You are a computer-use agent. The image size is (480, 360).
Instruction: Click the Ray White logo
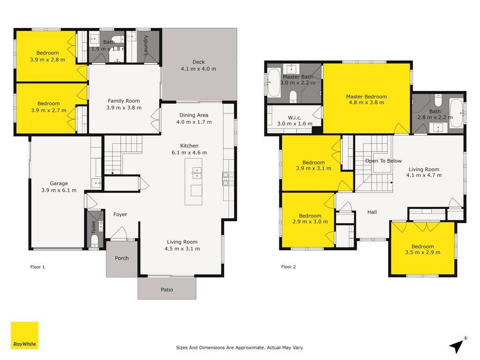tap(24, 335)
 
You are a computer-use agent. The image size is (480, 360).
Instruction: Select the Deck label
tap(199, 62)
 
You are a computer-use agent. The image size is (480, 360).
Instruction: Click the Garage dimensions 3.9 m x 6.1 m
tap(59, 190)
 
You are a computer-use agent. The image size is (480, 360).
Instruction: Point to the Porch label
tap(121, 258)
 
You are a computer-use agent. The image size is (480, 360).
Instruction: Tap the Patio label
tap(167, 290)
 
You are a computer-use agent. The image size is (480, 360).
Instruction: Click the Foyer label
tap(120, 214)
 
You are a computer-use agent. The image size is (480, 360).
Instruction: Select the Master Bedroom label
tap(367, 97)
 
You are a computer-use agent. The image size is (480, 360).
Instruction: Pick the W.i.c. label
tap(294, 118)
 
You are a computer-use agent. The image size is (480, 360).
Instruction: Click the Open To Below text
tap(383, 161)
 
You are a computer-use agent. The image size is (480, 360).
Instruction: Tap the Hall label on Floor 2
tap(372, 212)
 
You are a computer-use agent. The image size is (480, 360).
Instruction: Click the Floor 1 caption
tap(37, 267)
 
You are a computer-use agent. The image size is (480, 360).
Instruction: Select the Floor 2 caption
tap(288, 267)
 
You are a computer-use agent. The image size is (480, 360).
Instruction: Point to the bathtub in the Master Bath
tap(274, 82)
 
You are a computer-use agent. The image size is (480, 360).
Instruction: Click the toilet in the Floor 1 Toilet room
tap(94, 240)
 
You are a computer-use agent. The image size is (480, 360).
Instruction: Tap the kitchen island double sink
tap(196, 172)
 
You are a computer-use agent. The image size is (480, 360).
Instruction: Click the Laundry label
tap(146, 45)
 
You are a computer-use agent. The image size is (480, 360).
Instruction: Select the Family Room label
tap(124, 101)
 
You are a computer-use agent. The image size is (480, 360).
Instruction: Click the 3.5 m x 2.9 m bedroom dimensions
tap(422, 252)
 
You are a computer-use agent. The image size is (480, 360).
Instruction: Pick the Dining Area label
tap(194, 115)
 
